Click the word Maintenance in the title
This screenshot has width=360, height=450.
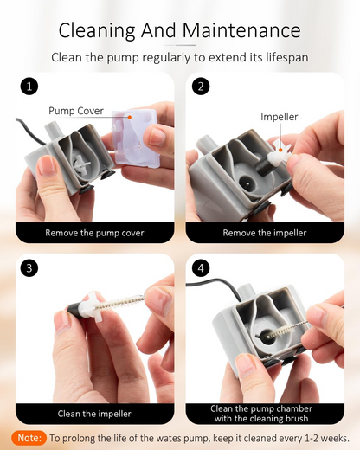click(x=241, y=30)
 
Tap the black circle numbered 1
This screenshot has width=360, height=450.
click(x=29, y=87)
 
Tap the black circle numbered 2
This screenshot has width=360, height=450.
click(x=201, y=87)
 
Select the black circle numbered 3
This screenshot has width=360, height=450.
click(x=29, y=268)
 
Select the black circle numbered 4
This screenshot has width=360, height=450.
click(x=201, y=268)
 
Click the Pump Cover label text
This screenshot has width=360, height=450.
click(x=76, y=111)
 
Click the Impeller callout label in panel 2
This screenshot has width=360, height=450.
click(x=279, y=117)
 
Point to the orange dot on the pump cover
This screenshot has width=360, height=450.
click(x=130, y=117)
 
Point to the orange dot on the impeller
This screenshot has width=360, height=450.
click(x=280, y=150)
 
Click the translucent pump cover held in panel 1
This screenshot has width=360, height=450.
click(x=135, y=138)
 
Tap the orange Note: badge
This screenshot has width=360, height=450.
click(x=29, y=438)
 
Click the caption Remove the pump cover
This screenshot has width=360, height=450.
click(x=94, y=233)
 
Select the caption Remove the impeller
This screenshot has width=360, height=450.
click(x=265, y=233)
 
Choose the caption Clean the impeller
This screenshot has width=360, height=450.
click(x=94, y=414)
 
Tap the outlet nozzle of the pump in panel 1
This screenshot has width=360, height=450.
click(x=51, y=132)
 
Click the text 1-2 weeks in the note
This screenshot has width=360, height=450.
click(x=326, y=438)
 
